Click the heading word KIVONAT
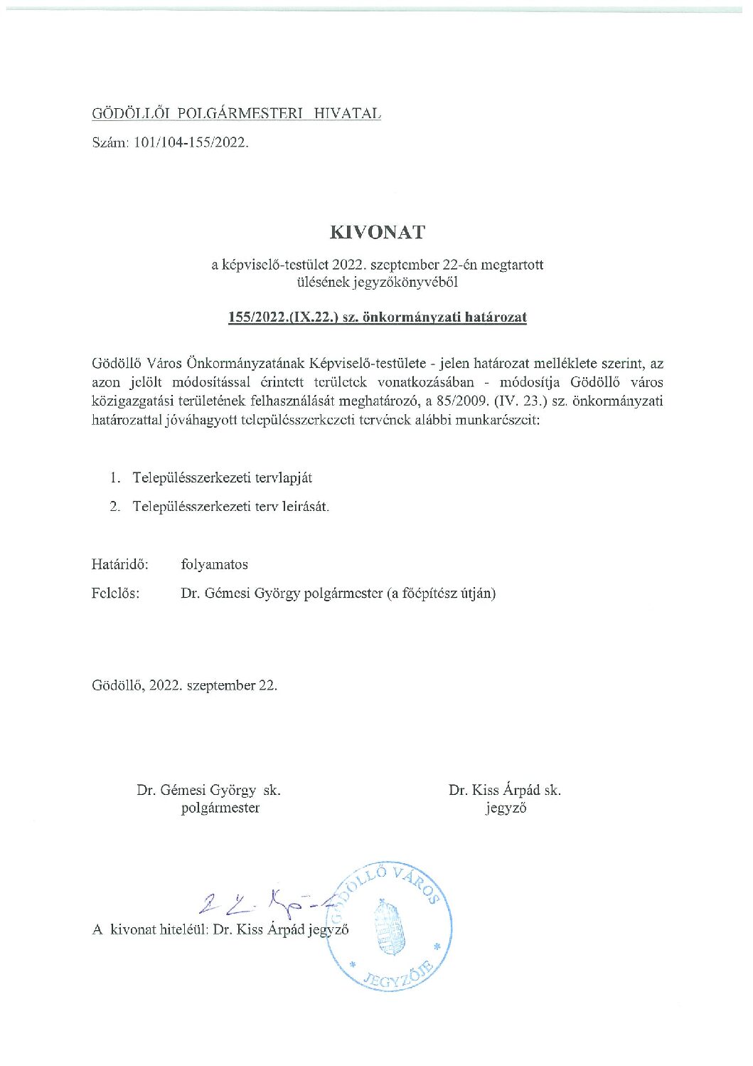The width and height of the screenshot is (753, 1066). pos(377,233)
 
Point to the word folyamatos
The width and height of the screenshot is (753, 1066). pos(215,564)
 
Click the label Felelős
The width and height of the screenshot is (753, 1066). pos(115,593)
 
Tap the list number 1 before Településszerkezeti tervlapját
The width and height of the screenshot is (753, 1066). pos(114,478)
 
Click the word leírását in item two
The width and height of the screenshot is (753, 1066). pos(306,507)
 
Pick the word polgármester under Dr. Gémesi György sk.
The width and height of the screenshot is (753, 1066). pos(220,808)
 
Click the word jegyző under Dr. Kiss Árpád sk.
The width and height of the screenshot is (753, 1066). pos(506,808)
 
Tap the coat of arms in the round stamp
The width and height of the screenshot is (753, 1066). pos(388,927)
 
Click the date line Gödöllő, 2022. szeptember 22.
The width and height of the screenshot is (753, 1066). pos(184,685)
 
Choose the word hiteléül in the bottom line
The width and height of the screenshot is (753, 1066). pos(182,929)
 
